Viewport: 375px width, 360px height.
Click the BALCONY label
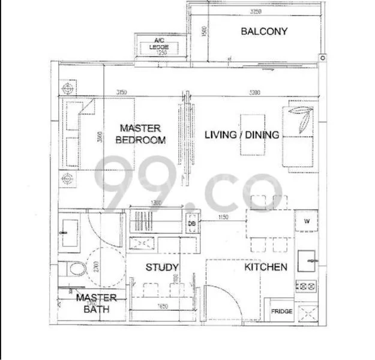(x=264, y=31)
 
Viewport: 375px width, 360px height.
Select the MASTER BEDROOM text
(x=140, y=134)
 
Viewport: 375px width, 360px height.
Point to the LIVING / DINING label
(x=242, y=135)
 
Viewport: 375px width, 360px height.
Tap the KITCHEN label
(x=265, y=267)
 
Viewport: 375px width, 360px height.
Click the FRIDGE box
(x=281, y=311)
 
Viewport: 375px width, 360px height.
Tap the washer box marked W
(x=306, y=221)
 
